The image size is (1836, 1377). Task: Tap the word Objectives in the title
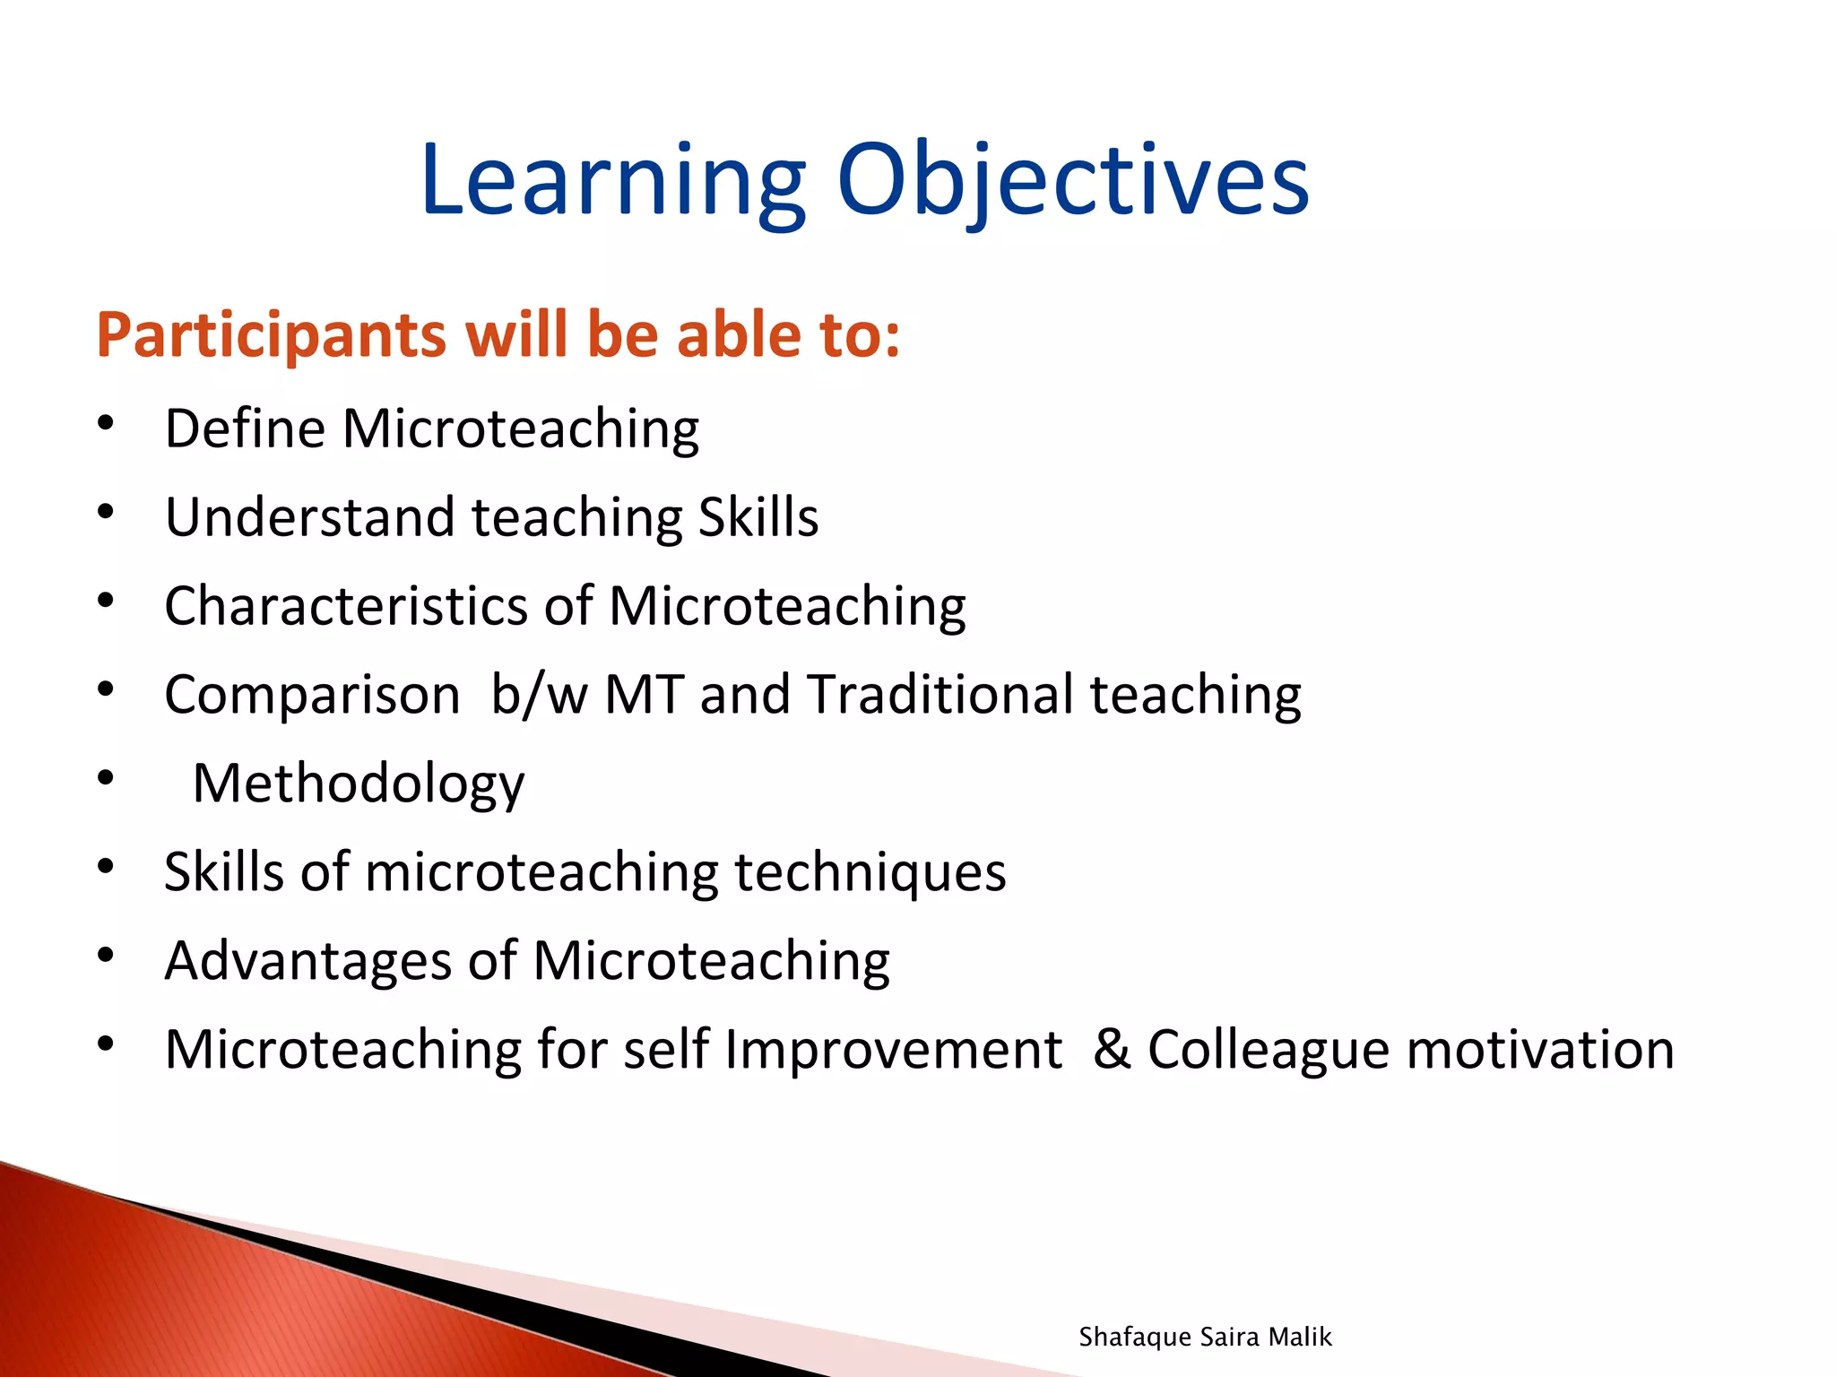(x=1073, y=181)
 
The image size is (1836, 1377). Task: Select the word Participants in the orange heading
(x=271, y=335)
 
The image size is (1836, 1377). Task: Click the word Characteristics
(x=346, y=606)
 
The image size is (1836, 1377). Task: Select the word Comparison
(x=312, y=695)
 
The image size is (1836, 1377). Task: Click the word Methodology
(x=359, y=784)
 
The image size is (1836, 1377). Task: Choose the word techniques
(x=870, y=872)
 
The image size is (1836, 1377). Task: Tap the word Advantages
(x=308, y=961)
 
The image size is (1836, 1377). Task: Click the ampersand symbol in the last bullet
(x=1112, y=1050)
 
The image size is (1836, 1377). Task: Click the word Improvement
(x=893, y=1050)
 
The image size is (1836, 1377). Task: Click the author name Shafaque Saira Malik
(x=1205, y=1337)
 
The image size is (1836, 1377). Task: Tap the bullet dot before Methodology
(x=106, y=778)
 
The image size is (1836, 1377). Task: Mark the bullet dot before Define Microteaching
(x=106, y=423)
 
